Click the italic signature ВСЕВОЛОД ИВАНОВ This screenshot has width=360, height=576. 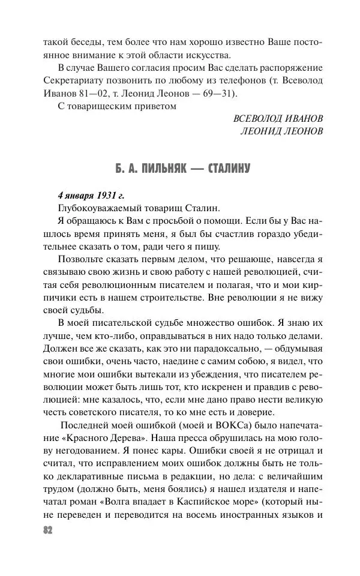pyautogui.click(x=278, y=118)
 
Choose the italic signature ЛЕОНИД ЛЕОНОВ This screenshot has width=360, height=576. pyautogui.click(x=282, y=131)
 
